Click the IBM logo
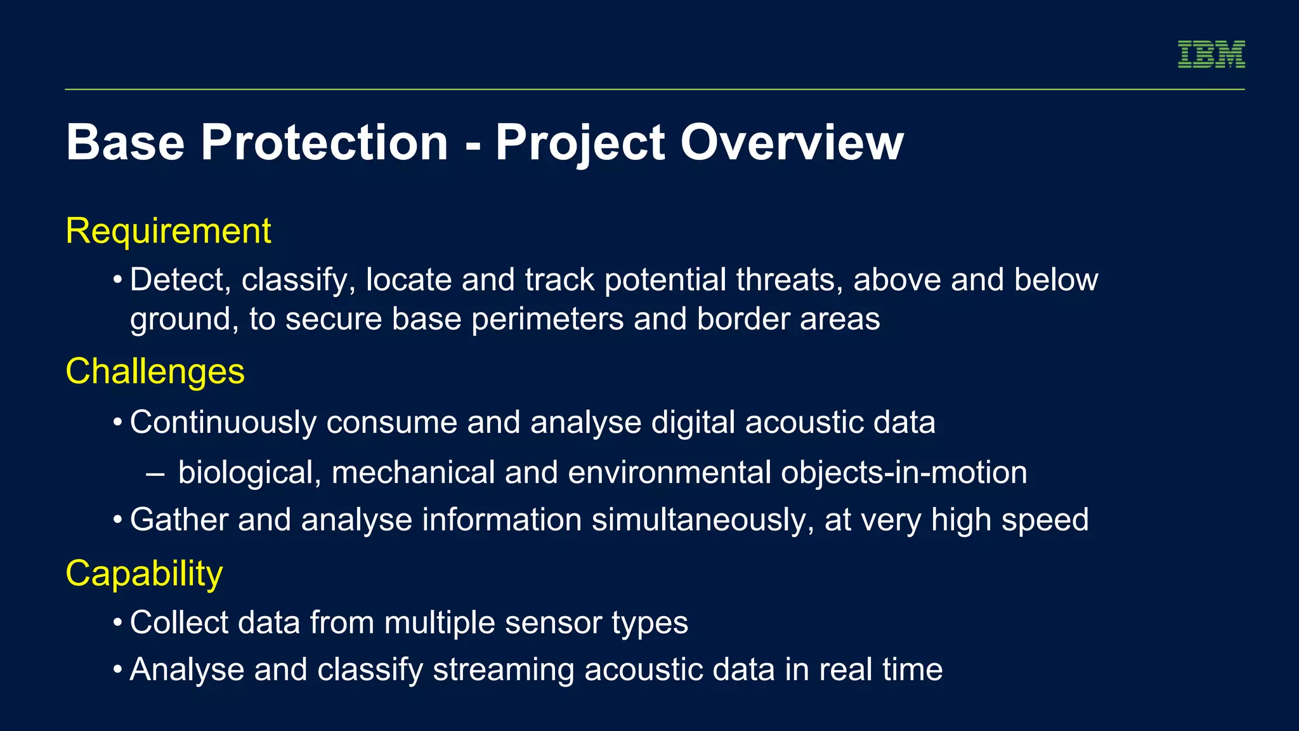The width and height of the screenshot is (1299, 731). [x=1211, y=54]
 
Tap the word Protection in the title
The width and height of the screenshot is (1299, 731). [x=324, y=142]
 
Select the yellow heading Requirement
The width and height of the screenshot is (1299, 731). [x=168, y=231]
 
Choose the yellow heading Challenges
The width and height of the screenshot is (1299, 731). [x=155, y=371]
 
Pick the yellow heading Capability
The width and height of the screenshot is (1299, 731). [x=144, y=574]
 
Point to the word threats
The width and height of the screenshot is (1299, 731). [x=789, y=280]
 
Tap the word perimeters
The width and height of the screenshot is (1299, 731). [x=547, y=319]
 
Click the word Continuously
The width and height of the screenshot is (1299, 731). [x=223, y=423]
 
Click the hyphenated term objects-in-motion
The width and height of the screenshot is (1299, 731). [x=903, y=473]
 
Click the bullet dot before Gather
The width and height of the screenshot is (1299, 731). [x=117, y=520]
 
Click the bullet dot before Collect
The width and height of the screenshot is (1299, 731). [x=117, y=622]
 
